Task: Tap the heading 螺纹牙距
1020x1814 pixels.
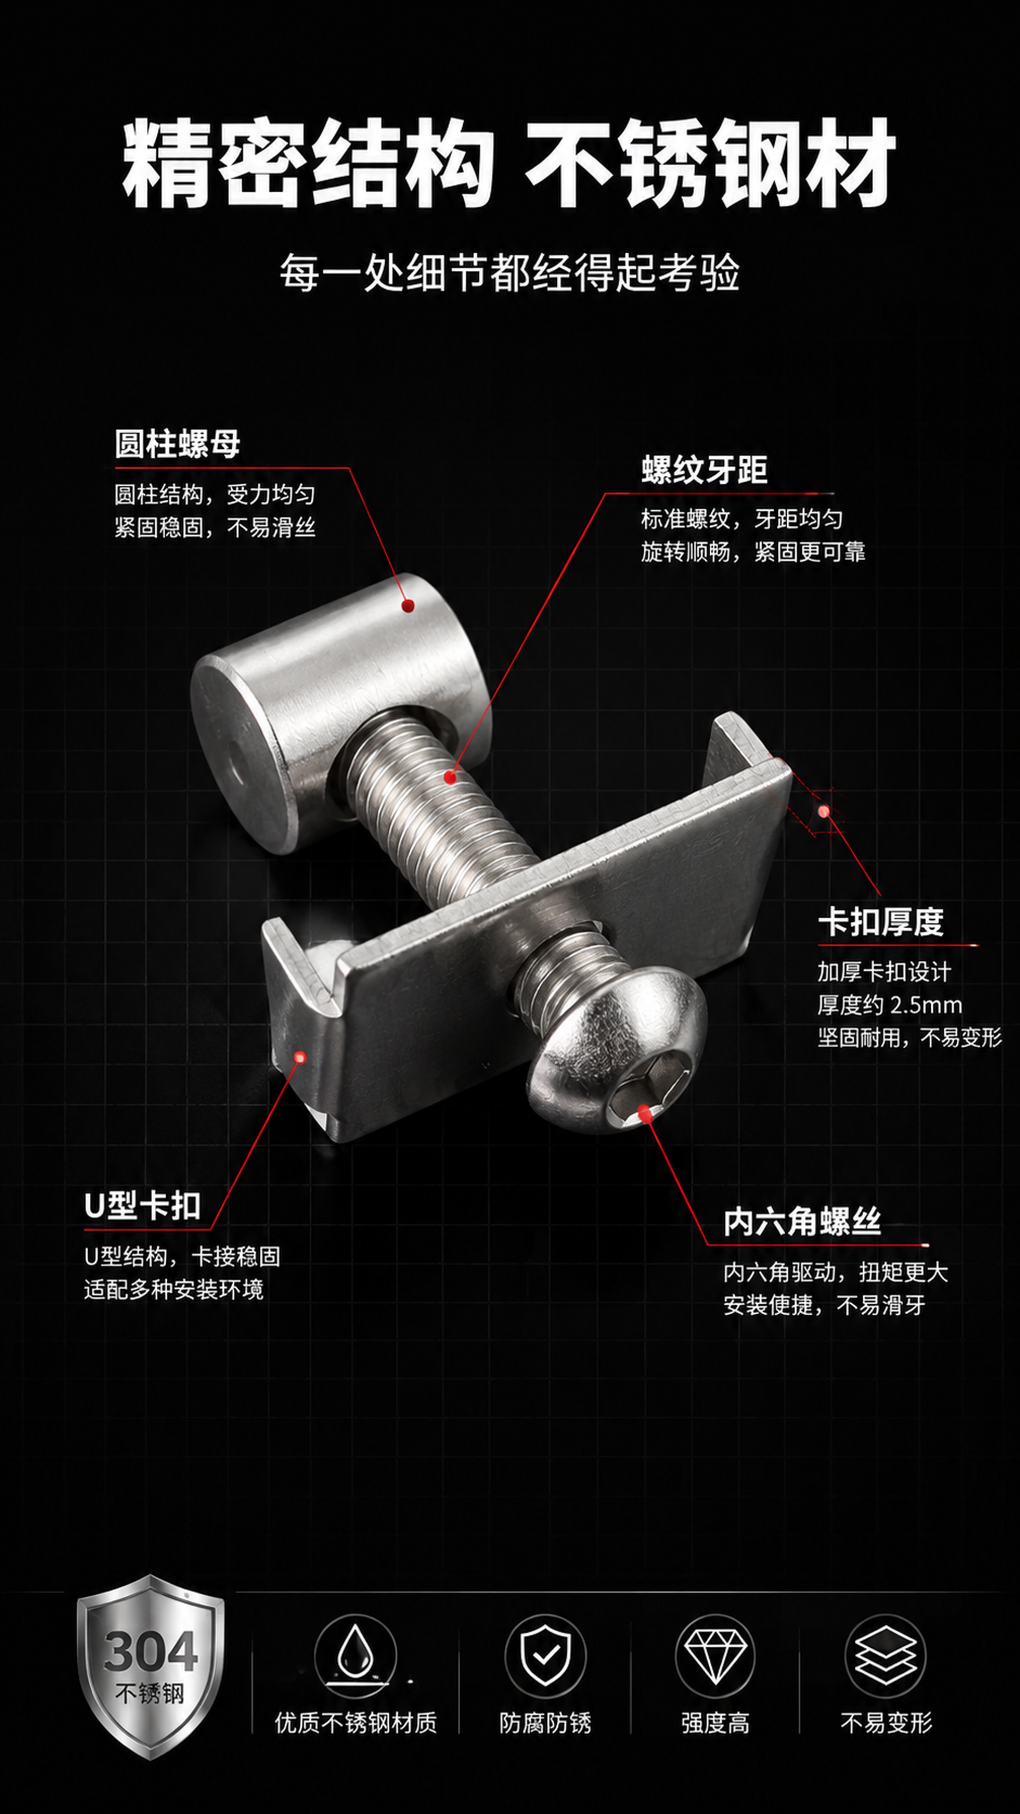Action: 704,470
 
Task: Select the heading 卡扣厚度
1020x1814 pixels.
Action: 881,921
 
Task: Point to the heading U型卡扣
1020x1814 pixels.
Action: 142,1206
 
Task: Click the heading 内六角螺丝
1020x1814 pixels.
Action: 802,1222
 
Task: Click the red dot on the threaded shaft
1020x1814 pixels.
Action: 450,778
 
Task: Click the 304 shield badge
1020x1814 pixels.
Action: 151,1668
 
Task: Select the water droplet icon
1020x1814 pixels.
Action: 356,1656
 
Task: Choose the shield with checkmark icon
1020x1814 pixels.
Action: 545,1656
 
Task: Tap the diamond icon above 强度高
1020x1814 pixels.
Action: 715,1656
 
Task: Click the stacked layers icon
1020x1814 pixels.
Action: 885,1656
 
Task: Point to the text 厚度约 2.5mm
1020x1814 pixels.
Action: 890,1005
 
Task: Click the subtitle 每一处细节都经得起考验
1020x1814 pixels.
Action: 510,273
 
